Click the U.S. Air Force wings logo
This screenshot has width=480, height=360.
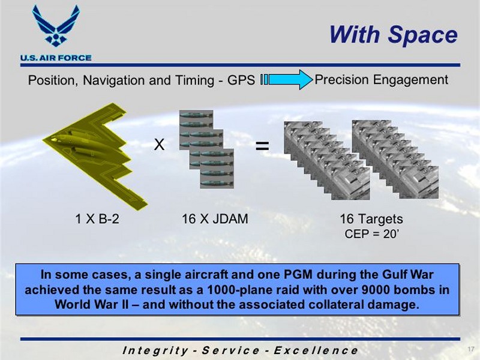[56, 26]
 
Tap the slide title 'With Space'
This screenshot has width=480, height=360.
[394, 34]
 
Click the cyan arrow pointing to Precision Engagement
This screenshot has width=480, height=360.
[287, 80]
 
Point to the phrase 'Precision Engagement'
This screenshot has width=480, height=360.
[382, 80]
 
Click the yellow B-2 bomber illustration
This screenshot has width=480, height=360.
[95, 156]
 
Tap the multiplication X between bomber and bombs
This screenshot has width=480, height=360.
[159, 144]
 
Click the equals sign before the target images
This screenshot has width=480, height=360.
[262, 146]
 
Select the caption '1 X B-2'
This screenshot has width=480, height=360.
[97, 219]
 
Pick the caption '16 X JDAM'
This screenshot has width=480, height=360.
[215, 219]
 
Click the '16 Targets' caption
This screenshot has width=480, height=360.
[371, 219]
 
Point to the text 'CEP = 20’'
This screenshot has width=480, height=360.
[371, 234]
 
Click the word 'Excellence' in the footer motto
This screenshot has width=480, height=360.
[316, 350]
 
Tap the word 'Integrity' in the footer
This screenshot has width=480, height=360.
[155, 350]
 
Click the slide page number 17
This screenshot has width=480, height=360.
[471, 349]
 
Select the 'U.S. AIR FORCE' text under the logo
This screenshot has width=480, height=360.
[56, 58]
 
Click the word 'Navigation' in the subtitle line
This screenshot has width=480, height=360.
[118, 80]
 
